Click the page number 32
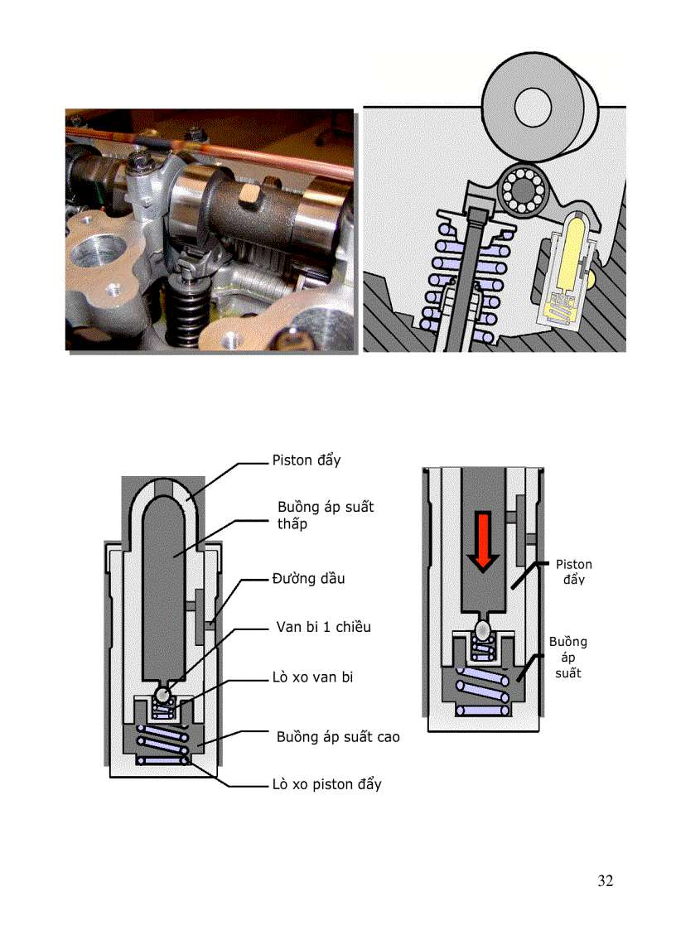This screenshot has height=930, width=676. [x=605, y=880]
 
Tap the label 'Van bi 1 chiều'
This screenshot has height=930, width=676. [x=323, y=627]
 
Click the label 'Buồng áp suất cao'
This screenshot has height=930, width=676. [x=337, y=736]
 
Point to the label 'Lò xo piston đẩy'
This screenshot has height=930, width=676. [x=326, y=783]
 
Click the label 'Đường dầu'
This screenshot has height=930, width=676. [x=308, y=578]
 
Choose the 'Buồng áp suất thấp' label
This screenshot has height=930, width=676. [x=325, y=515]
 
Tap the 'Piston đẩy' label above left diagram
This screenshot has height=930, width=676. [x=306, y=460]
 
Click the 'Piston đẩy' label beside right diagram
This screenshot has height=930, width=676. [x=573, y=571]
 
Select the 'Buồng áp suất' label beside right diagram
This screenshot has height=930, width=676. [x=567, y=657]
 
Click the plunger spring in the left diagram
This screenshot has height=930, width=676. [x=162, y=743]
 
